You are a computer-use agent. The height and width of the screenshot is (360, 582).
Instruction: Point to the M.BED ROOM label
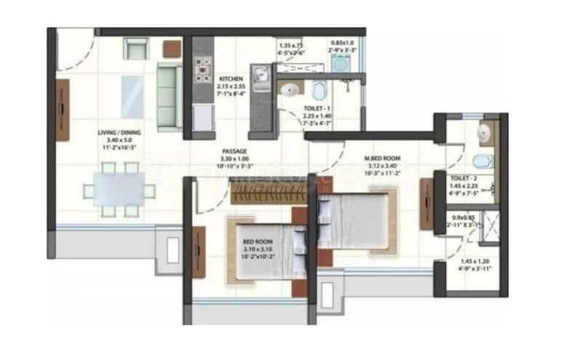click(382, 156)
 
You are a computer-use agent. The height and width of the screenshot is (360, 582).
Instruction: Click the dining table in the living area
click(119, 190)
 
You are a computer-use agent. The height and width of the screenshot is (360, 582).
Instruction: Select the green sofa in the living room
click(170, 97)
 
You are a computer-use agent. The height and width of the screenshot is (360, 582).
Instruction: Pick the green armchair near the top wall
click(135, 47)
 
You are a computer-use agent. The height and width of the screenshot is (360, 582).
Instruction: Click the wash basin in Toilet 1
click(290, 91)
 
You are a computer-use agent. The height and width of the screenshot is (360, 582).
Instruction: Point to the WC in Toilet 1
click(319, 91)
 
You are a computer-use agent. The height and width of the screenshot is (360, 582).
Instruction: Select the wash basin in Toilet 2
click(484, 132)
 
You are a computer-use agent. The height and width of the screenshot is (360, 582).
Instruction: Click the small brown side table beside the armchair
click(172, 48)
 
